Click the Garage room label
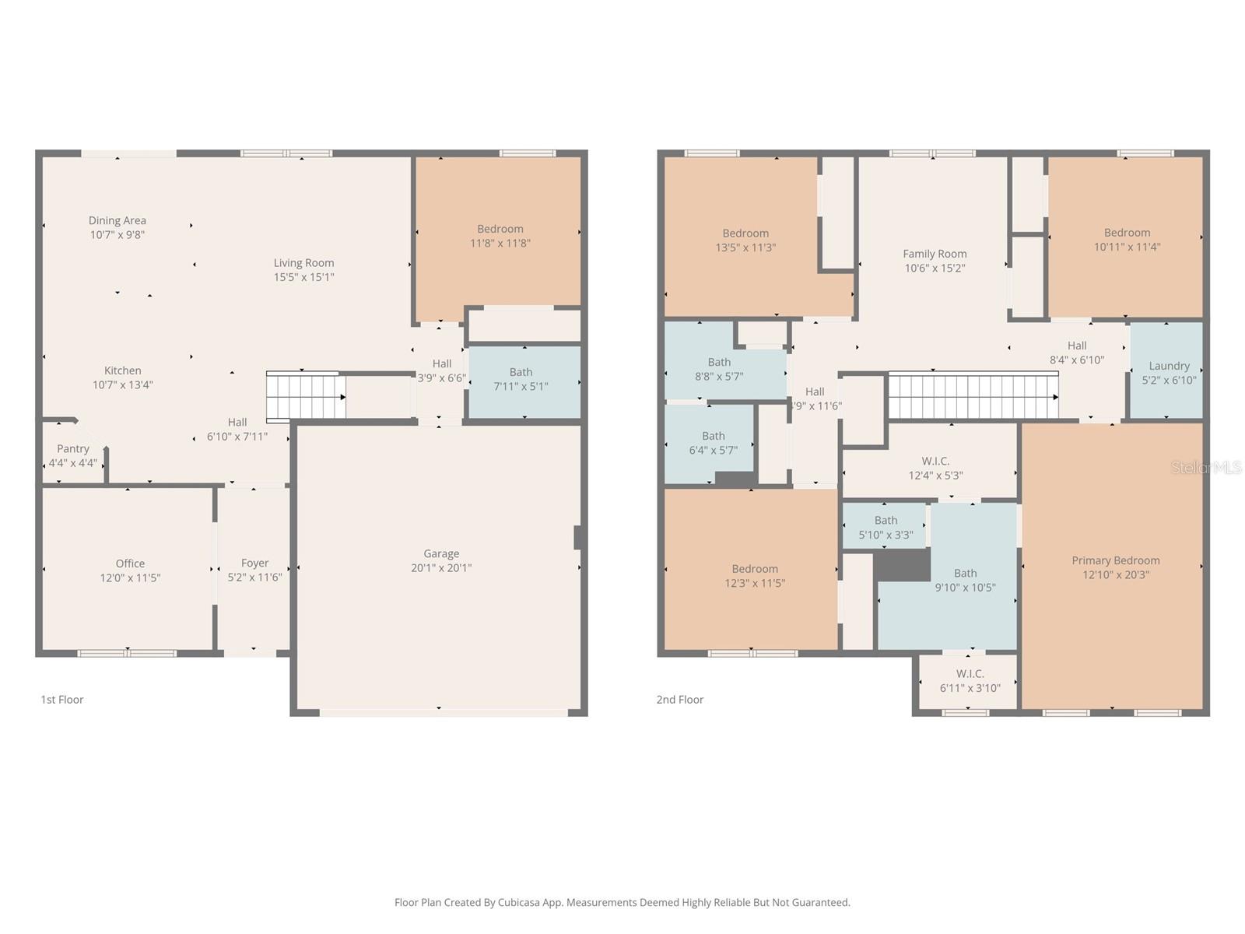[441, 554]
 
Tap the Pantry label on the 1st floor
[73, 449]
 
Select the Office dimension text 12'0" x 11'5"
[130, 578]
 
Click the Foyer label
[254, 564]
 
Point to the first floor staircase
[305, 395]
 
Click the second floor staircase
[973, 395]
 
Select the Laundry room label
[1169, 366]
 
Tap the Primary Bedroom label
[1115, 560]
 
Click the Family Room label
[935, 254]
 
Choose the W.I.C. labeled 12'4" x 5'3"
[935, 469]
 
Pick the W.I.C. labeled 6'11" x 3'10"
[970, 681]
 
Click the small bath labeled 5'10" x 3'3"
[886, 528]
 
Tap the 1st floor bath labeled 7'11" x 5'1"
[521, 379]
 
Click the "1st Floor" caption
[62, 700]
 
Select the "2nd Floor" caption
[679, 700]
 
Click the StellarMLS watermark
[1207, 468]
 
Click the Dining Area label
[117, 221]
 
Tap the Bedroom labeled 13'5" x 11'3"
[745, 241]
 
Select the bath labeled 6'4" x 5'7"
[713, 443]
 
